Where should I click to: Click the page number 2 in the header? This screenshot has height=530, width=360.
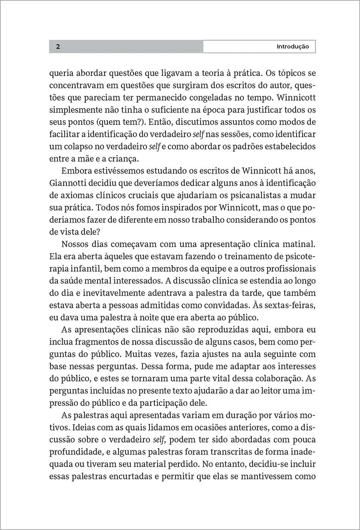tap(58, 46)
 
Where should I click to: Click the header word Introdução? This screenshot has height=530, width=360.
tap(292, 46)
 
